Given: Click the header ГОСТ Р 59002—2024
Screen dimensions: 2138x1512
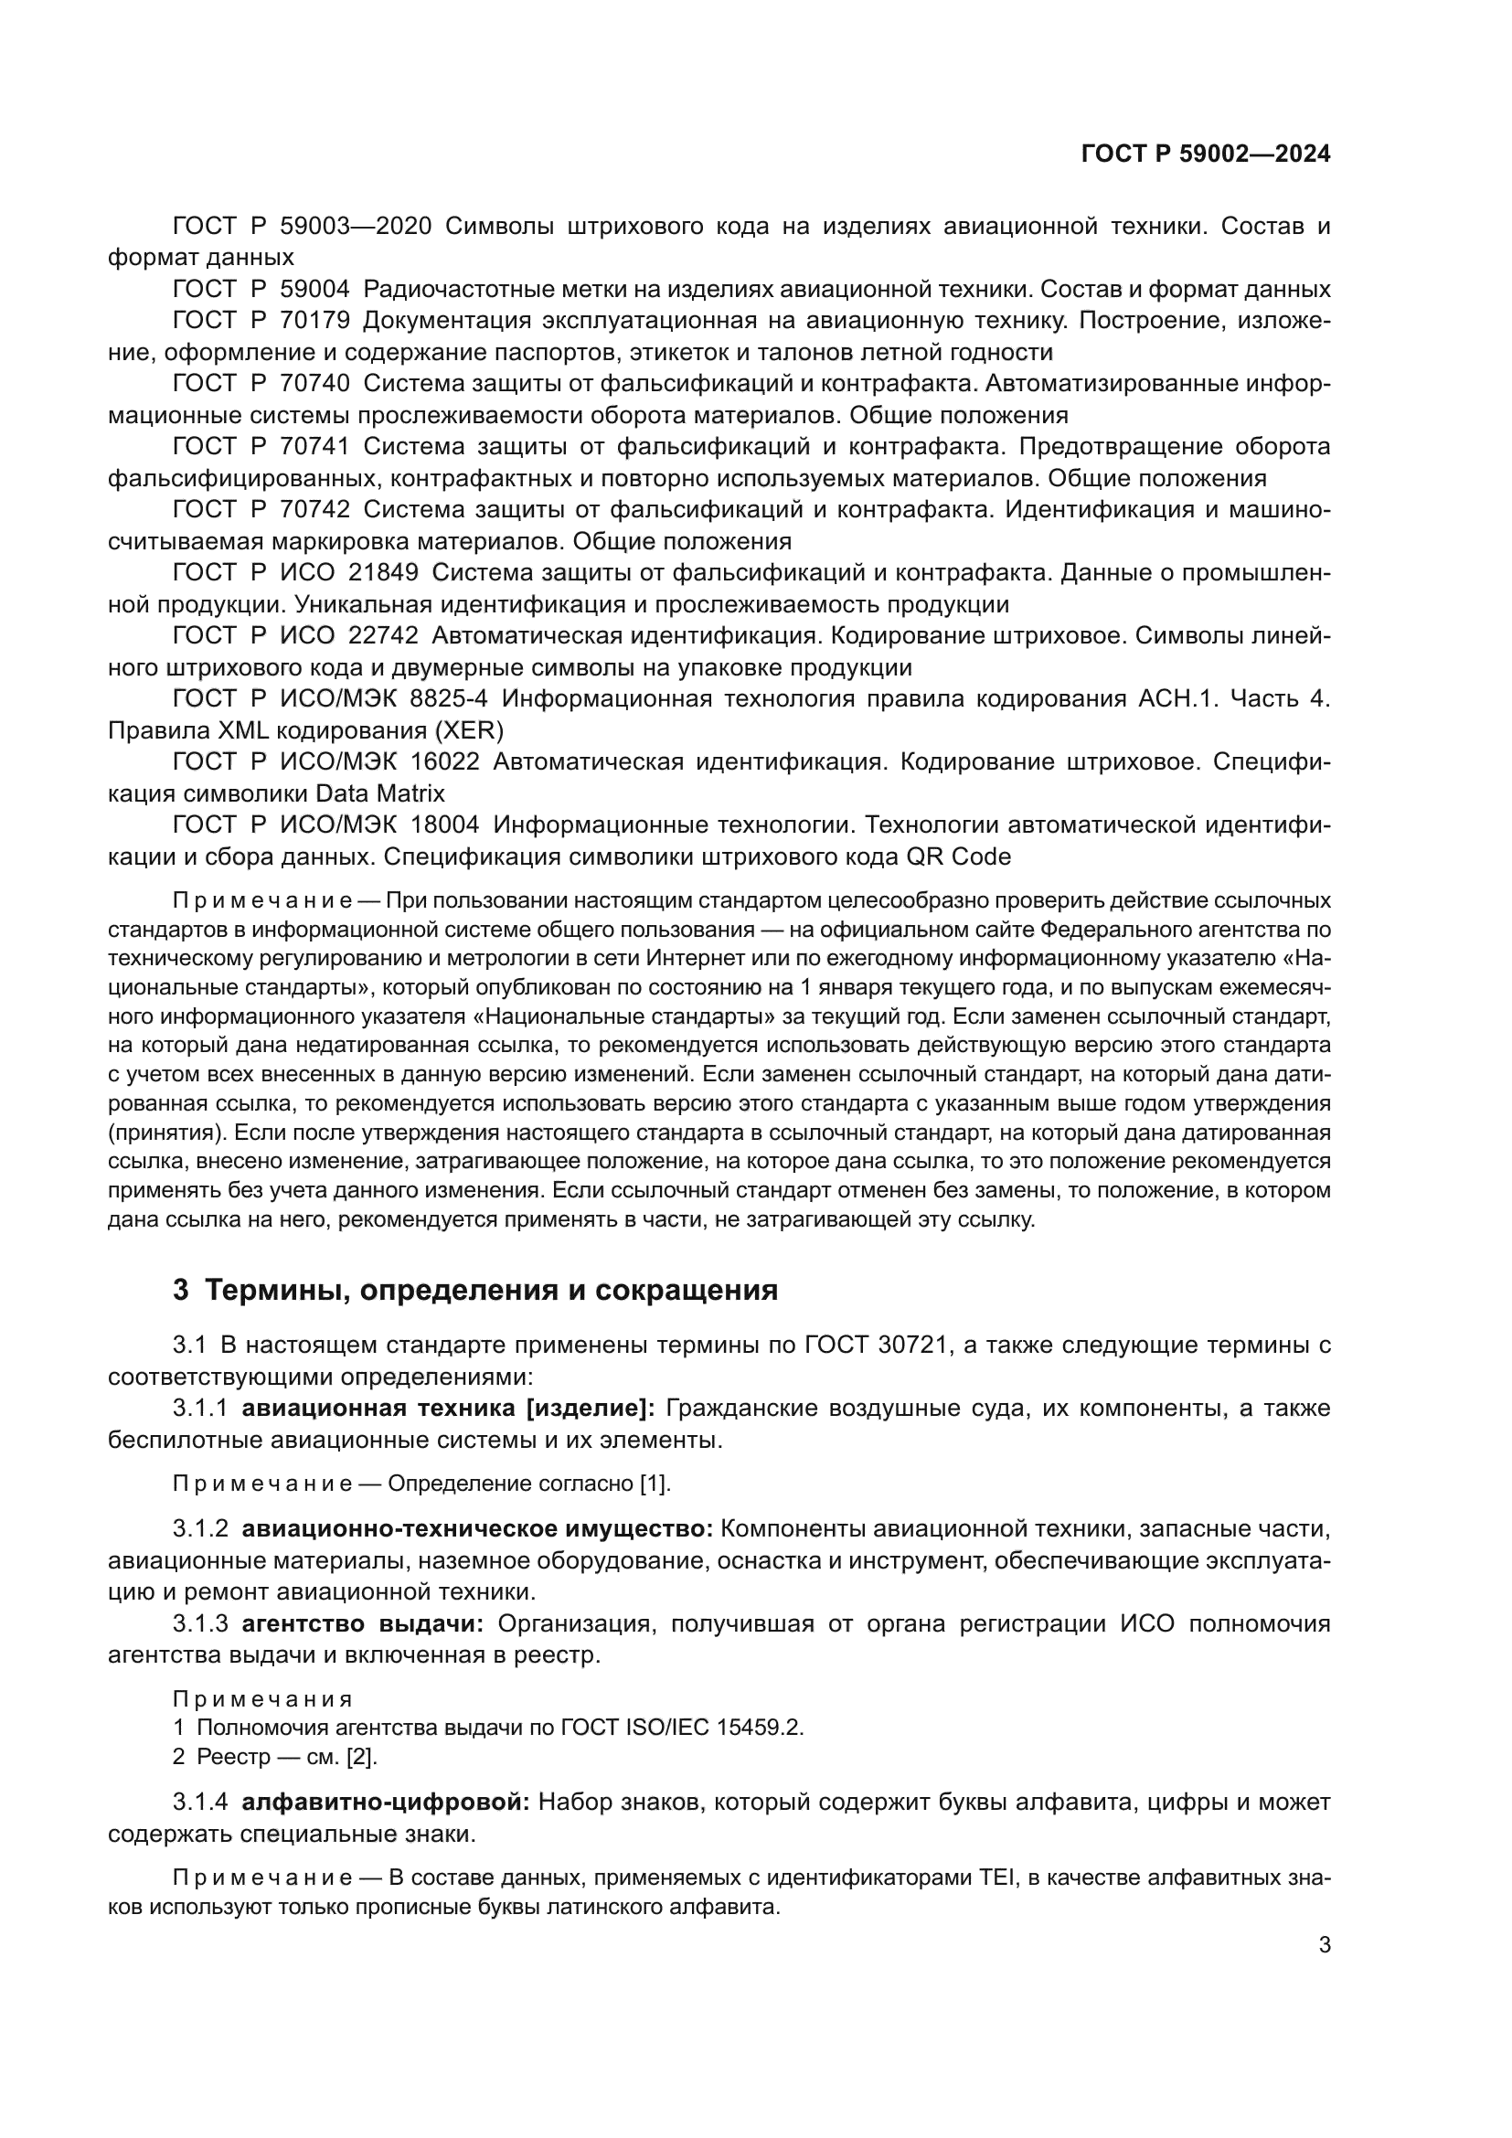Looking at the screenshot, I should coord(1206,154).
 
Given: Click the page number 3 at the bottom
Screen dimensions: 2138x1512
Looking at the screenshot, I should coord(1325,1944).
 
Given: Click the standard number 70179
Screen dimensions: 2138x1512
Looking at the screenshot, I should coord(314,320).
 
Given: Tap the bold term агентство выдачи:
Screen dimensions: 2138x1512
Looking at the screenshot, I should coord(363,1624).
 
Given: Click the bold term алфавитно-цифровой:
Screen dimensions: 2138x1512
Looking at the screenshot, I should coord(386,1802).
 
